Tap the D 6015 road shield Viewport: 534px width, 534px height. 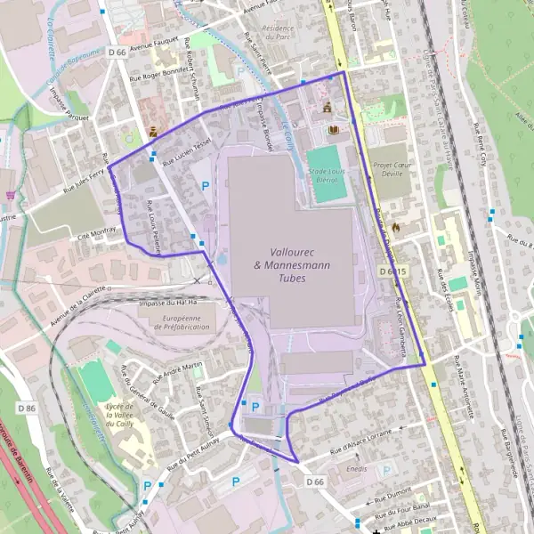[392, 270]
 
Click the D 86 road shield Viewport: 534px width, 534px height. [28, 408]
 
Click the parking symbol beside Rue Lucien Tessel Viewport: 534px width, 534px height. [206, 187]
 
